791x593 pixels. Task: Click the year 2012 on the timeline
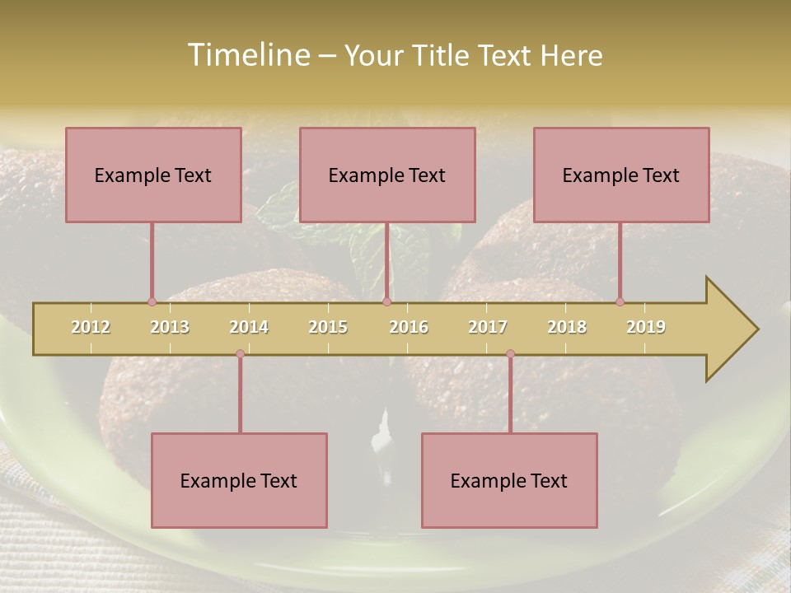pyautogui.click(x=91, y=327)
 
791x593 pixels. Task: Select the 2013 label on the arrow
pyautogui.click(x=170, y=327)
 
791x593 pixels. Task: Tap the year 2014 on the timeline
pyautogui.click(x=249, y=327)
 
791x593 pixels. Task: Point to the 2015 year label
pyautogui.click(x=328, y=327)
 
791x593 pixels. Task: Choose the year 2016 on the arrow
pyautogui.click(x=409, y=327)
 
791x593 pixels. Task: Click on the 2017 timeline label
pyautogui.click(x=488, y=327)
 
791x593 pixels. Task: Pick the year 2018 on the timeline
pyautogui.click(x=567, y=327)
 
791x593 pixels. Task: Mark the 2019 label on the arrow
pyautogui.click(x=646, y=327)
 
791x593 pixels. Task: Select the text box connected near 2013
pyautogui.click(x=153, y=175)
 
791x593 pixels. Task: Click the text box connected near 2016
pyautogui.click(x=387, y=175)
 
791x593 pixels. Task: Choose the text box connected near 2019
pyautogui.click(x=621, y=175)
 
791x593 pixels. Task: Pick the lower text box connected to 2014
pyautogui.click(x=239, y=480)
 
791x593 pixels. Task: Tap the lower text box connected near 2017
pyautogui.click(x=509, y=480)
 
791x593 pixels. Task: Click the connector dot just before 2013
pyautogui.click(x=152, y=301)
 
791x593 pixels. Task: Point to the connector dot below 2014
pyautogui.click(x=240, y=354)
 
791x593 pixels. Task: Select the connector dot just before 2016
pyautogui.click(x=386, y=301)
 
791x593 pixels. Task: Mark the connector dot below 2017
pyautogui.click(x=510, y=354)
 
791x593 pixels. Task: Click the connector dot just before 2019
pyautogui.click(x=620, y=301)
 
